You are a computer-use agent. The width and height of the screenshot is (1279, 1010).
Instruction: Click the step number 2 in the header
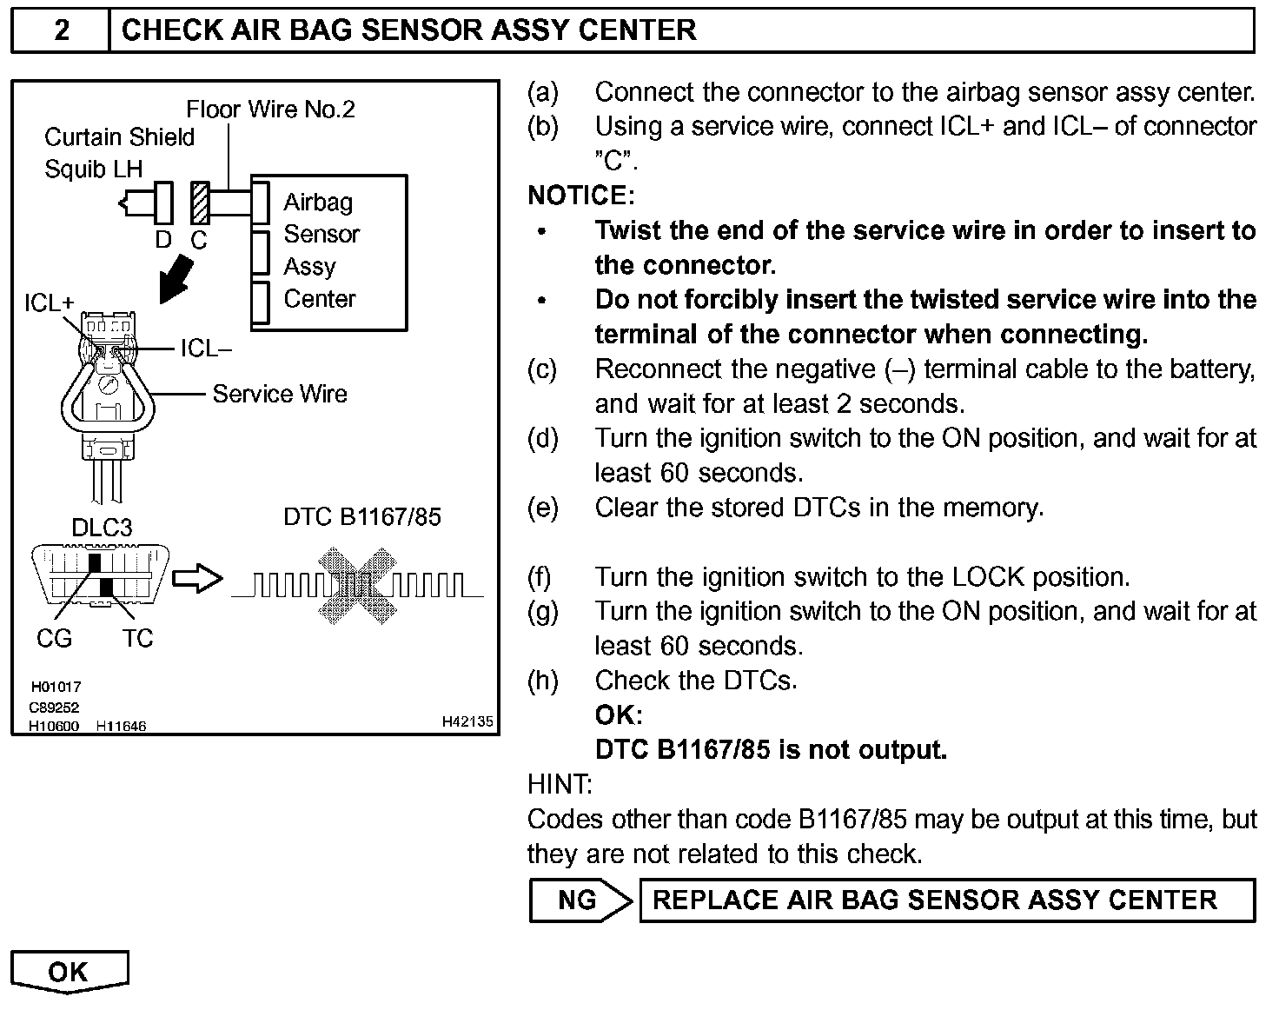(x=61, y=30)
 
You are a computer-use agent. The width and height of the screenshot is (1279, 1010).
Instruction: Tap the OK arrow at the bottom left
(x=69, y=971)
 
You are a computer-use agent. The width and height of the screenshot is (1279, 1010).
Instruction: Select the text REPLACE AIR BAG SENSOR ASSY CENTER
(x=935, y=900)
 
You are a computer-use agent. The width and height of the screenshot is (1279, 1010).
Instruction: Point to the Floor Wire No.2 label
(x=270, y=110)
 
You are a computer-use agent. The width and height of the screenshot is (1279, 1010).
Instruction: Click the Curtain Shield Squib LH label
(x=119, y=152)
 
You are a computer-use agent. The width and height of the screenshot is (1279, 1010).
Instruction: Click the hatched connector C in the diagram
(x=201, y=203)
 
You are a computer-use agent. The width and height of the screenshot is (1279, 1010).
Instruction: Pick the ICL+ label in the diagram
(x=49, y=302)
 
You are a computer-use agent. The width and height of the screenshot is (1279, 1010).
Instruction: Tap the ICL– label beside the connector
(x=206, y=349)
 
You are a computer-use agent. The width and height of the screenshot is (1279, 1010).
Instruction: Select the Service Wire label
(x=279, y=394)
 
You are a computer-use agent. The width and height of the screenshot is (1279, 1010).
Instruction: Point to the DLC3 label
(x=102, y=528)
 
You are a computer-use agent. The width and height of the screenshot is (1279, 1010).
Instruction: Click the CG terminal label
(x=54, y=639)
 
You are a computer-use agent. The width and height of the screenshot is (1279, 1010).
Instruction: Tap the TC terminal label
(x=137, y=639)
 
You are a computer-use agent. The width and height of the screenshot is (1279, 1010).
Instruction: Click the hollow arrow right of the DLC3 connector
(x=197, y=578)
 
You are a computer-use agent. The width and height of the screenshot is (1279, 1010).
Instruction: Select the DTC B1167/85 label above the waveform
(x=361, y=517)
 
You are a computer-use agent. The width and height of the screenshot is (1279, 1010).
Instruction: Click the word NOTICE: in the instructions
(x=581, y=196)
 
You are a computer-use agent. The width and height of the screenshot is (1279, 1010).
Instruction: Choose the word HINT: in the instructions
(x=560, y=784)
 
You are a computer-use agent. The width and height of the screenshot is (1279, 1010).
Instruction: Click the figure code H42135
(x=467, y=721)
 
